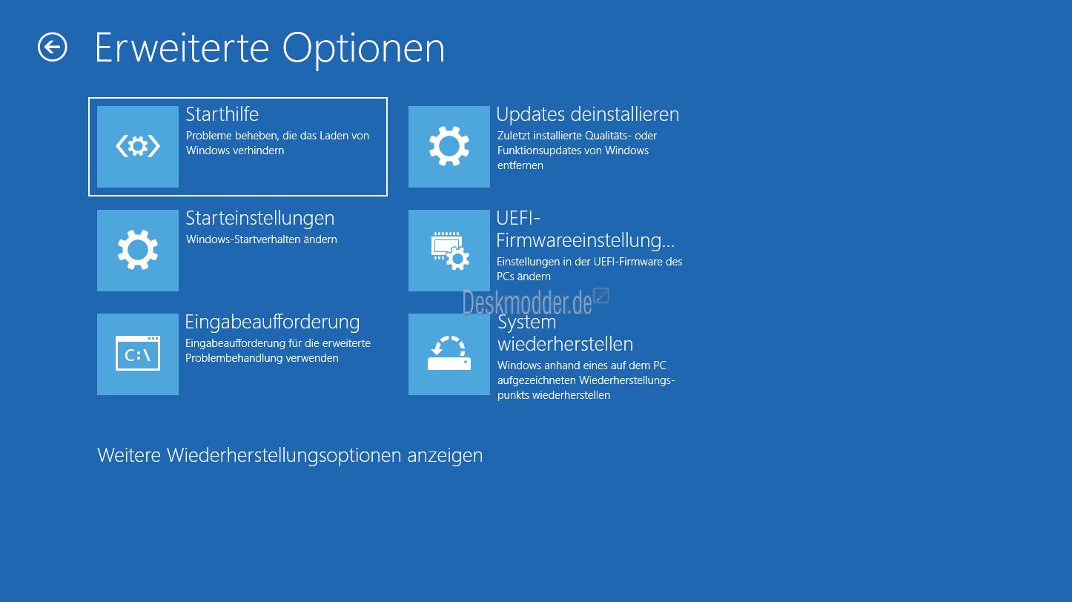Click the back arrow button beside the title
pyautogui.click(x=52, y=47)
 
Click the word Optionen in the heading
pyautogui.click(x=363, y=49)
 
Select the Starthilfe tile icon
pyautogui.click(x=138, y=147)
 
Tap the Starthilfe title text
pyautogui.click(x=222, y=114)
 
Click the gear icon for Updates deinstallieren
pyautogui.click(x=449, y=147)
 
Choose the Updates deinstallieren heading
pyautogui.click(x=588, y=114)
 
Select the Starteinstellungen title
pyautogui.click(x=260, y=219)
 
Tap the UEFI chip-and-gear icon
pyautogui.click(x=449, y=251)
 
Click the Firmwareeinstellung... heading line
pyautogui.click(x=585, y=240)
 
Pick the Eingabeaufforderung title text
pyautogui.click(x=272, y=322)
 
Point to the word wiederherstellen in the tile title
pyautogui.click(x=565, y=344)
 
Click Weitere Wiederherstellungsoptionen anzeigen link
pyautogui.click(x=290, y=455)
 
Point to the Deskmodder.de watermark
pyautogui.click(x=535, y=302)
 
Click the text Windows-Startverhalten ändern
pyautogui.click(x=261, y=239)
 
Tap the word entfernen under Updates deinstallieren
pyautogui.click(x=520, y=165)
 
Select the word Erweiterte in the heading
pyautogui.click(x=182, y=48)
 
